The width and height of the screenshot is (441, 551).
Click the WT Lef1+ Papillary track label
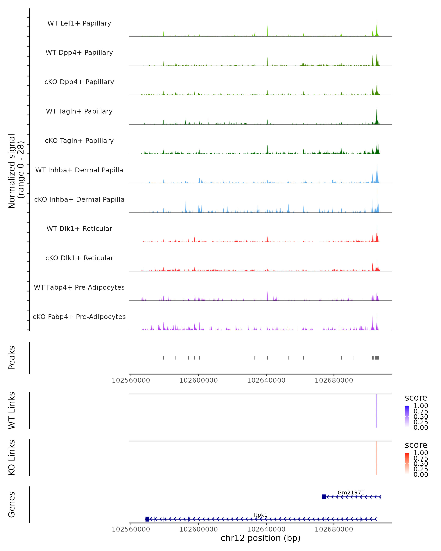79,23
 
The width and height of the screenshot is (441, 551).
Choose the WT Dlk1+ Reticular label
79,228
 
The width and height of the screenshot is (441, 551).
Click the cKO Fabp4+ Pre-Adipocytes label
79,317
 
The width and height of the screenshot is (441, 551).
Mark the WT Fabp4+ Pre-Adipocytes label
79,287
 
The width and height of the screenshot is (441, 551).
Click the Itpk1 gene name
261,515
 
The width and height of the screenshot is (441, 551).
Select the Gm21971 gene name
351,492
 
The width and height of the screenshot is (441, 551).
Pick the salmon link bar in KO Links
376,458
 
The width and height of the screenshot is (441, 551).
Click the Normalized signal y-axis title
16,171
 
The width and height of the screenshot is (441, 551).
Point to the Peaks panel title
12,358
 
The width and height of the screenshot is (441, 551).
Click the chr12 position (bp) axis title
261,538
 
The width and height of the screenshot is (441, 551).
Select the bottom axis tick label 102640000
266,529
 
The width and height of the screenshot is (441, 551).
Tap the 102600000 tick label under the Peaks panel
199,380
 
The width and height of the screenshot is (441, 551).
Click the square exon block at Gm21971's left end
324,497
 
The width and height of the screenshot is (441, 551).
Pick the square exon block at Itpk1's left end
147,519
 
